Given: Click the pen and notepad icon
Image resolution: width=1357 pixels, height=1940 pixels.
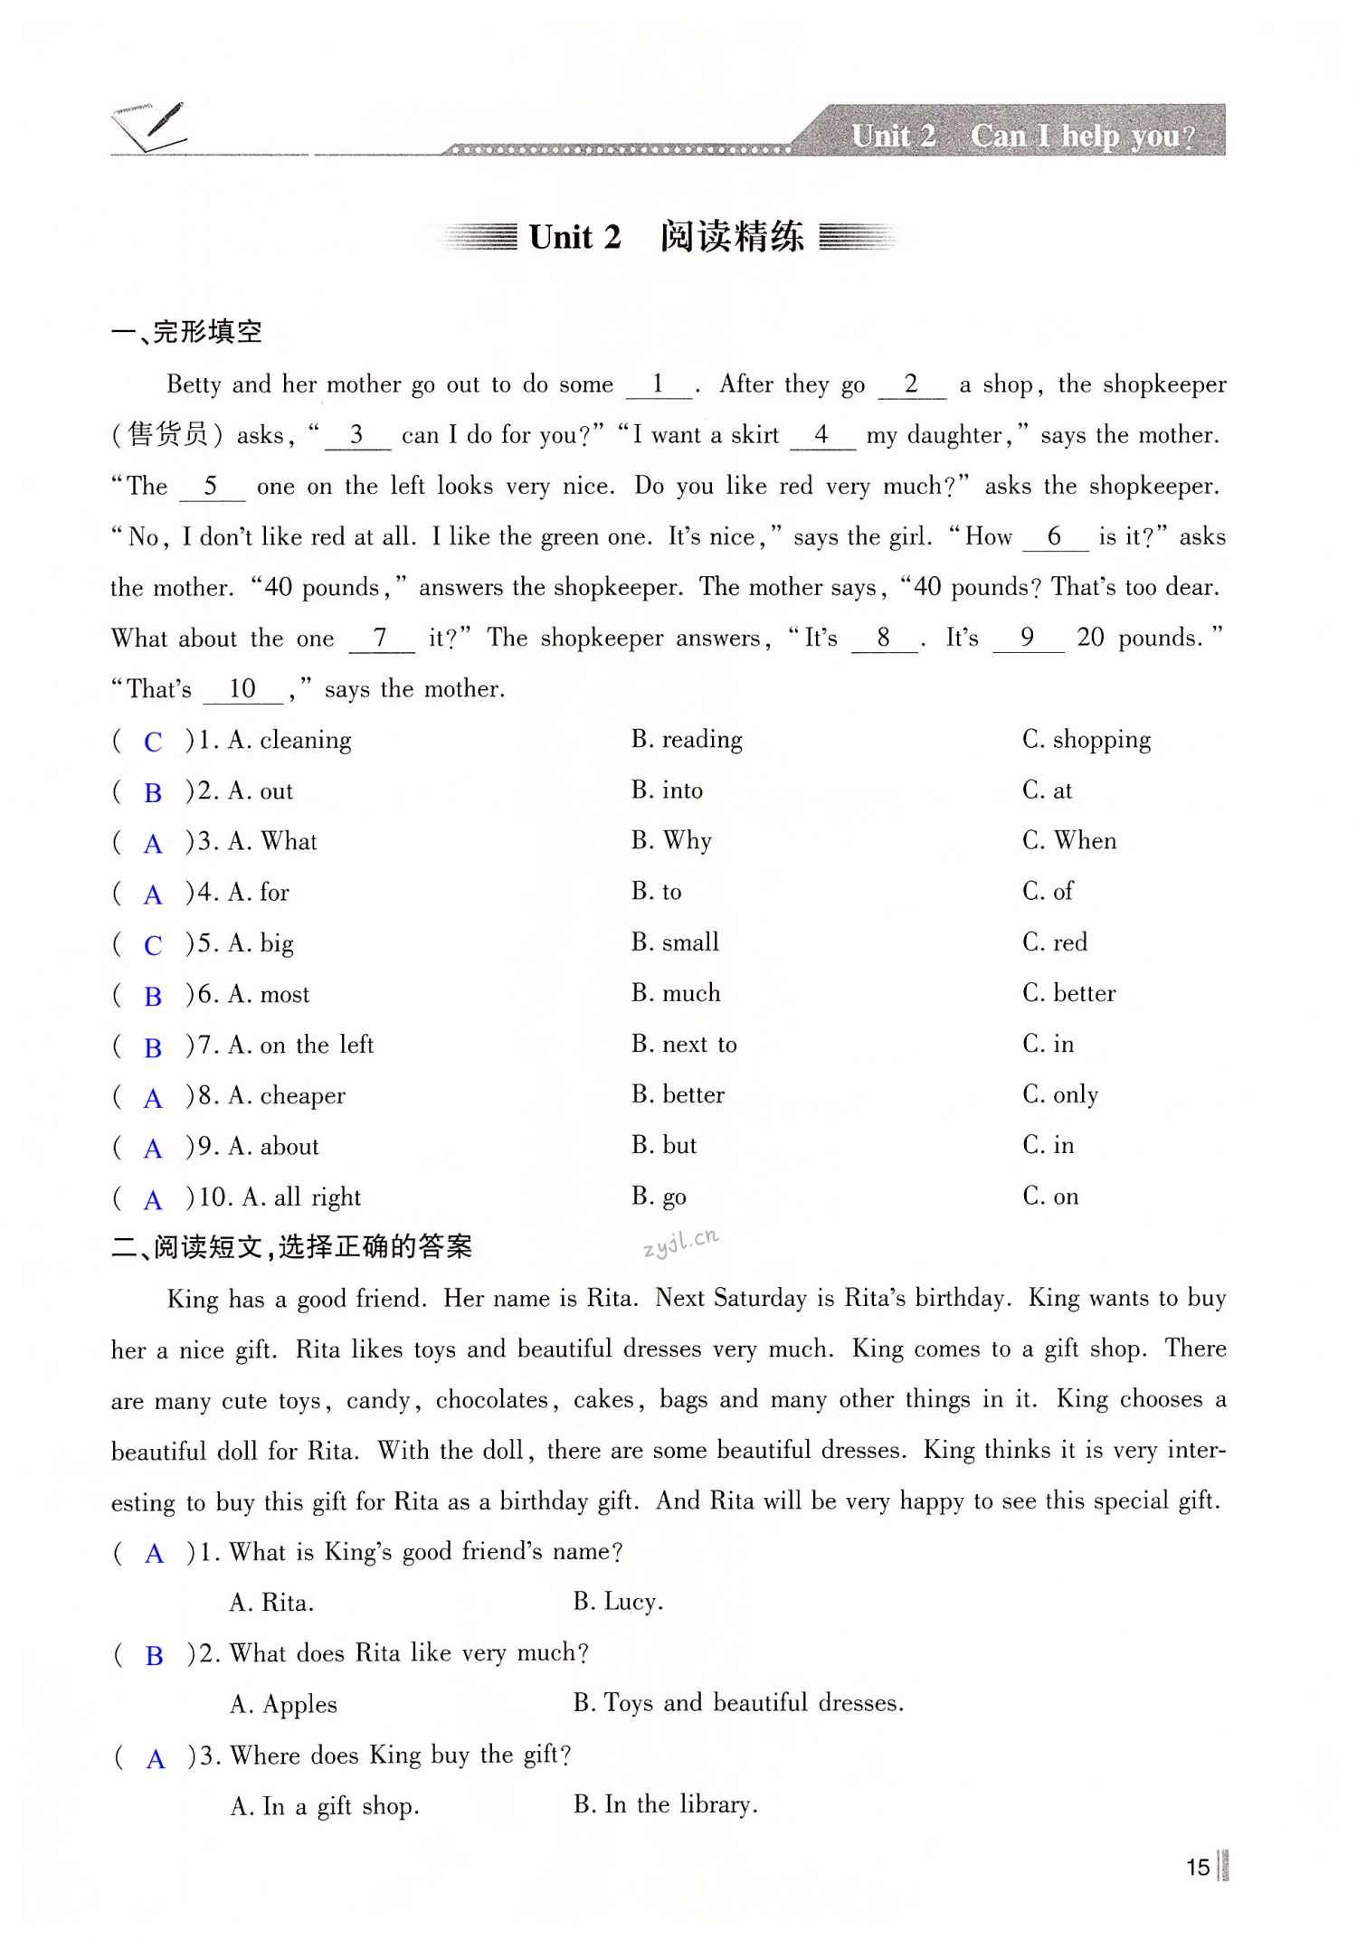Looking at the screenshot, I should (149, 127).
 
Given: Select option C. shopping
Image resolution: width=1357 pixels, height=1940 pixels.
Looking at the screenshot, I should (1086, 740).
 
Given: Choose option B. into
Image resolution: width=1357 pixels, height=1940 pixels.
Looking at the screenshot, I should (667, 790).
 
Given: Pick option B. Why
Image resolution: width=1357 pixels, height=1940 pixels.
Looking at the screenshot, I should (671, 841).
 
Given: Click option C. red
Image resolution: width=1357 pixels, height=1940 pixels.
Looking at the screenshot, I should (1055, 942).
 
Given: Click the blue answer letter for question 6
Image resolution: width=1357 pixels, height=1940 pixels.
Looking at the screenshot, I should (153, 997).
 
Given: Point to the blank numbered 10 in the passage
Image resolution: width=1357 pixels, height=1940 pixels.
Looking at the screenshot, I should (242, 689).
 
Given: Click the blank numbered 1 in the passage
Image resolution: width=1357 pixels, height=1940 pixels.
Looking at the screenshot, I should (658, 384).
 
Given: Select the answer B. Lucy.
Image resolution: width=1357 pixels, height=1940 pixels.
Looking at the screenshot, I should (618, 1602).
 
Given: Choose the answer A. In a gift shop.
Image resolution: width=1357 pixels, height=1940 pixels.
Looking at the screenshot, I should (325, 1806).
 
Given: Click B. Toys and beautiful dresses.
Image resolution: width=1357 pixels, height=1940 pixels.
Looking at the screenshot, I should (738, 1703).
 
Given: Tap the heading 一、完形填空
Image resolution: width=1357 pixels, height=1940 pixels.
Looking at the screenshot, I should (186, 332).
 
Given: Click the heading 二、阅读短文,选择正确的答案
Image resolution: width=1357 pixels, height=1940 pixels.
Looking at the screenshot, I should (291, 1247).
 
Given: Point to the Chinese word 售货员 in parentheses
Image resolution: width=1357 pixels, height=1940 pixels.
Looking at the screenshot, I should (169, 435).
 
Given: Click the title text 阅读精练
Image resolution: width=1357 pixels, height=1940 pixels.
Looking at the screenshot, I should (731, 237).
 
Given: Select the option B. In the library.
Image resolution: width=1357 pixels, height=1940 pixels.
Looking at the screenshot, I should (665, 1804).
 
